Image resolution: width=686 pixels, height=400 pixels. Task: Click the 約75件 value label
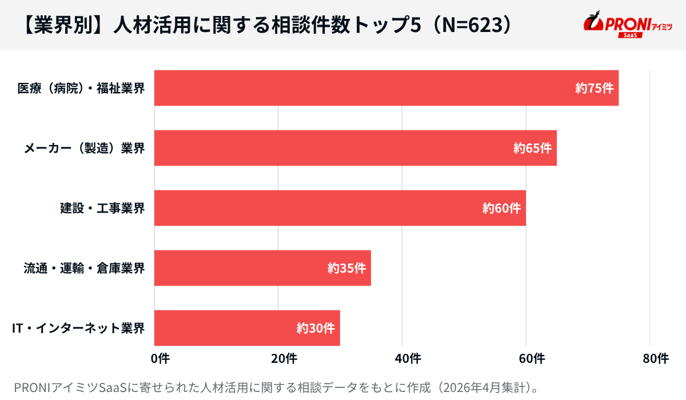(595, 89)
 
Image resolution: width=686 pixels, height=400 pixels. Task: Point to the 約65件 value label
(532, 149)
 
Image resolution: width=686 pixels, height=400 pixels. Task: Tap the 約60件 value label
(501, 209)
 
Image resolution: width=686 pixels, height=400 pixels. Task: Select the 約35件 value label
(346, 269)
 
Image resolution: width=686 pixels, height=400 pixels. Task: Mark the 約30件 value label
(316, 329)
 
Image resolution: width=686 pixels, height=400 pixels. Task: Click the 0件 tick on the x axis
(160, 359)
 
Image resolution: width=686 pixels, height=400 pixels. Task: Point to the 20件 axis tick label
(284, 359)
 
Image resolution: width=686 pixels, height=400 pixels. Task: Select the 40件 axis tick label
(408, 359)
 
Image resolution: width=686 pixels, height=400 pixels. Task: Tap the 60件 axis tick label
(532, 359)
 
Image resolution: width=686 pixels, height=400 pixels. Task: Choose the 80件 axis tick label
(655, 359)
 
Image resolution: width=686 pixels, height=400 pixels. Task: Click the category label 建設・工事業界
(102, 209)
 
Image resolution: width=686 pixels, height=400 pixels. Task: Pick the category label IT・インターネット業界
(78, 329)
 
